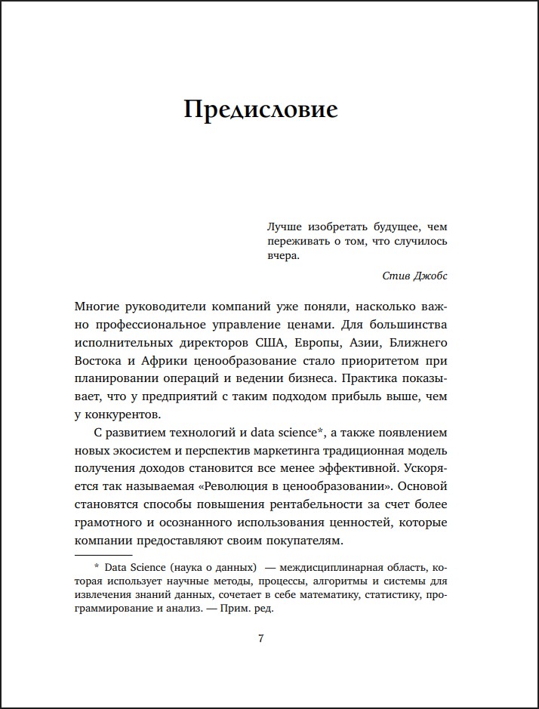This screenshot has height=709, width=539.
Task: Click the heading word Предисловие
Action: pos(260,109)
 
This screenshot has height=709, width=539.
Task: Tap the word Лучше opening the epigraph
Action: pos(285,226)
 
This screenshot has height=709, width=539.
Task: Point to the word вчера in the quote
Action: pos(283,256)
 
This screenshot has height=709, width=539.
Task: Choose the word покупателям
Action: pos(300,541)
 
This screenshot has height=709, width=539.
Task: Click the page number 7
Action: pos(261,639)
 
